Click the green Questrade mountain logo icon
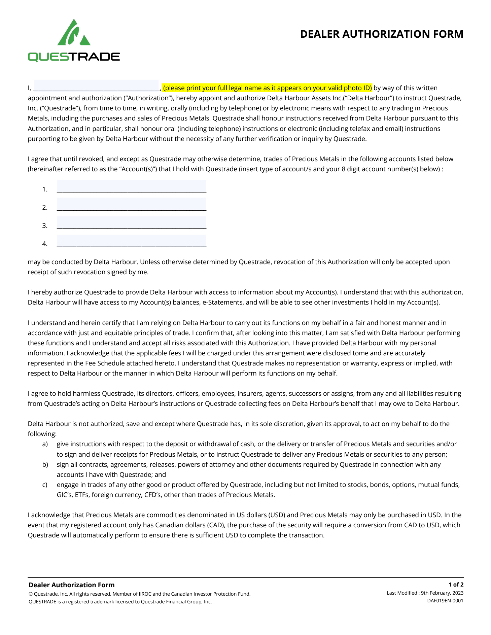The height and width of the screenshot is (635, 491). [74, 33]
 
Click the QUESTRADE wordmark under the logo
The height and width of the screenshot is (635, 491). [74, 57]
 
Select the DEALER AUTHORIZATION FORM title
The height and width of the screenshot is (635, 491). [382, 34]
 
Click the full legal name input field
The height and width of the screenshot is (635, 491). [96, 85]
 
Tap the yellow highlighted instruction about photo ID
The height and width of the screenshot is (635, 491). [267, 88]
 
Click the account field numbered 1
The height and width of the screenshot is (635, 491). [131, 186]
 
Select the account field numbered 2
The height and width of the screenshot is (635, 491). [131, 204]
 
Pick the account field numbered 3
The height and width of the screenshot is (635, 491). [131, 222]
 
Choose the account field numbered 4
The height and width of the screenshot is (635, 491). [131, 241]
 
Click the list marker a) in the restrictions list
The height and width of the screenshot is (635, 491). [45, 444]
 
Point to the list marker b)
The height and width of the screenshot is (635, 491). [45, 464]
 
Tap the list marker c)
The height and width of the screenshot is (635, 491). [45, 485]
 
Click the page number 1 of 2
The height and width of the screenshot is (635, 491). [456, 585]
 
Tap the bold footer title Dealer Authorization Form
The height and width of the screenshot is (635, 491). [71, 585]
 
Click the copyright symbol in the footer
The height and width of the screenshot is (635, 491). [31, 594]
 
